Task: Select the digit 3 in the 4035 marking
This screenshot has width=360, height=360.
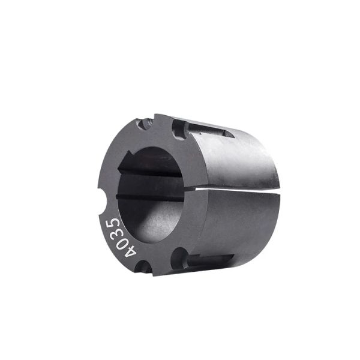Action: [115, 232]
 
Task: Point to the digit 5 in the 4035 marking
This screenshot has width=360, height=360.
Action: [112, 221]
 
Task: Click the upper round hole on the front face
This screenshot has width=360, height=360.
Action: [180, 130]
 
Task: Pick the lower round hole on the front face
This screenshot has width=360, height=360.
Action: [180, 258]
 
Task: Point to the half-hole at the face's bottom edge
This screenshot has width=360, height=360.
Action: [143, 267]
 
